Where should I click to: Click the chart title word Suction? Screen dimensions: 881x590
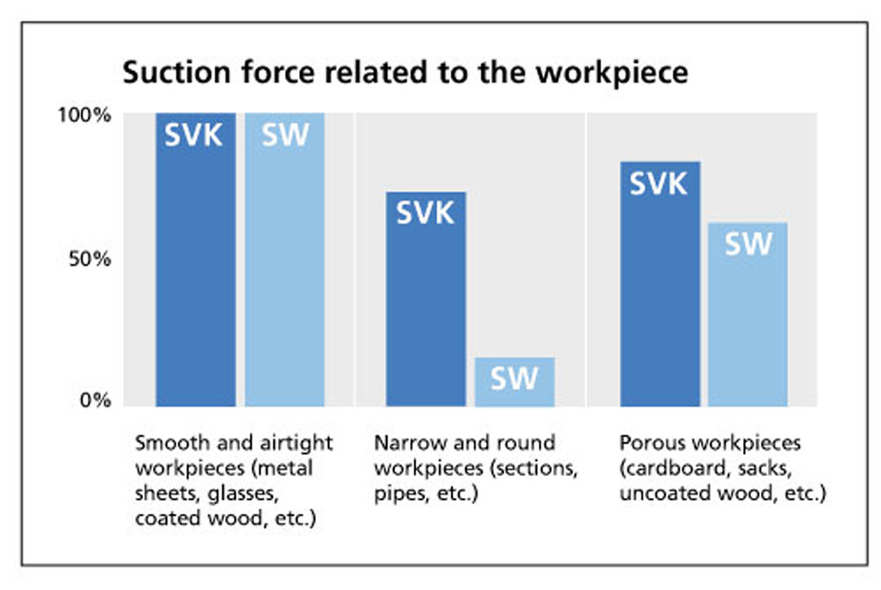point(176,73)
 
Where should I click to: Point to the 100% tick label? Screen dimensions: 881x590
point(84,115)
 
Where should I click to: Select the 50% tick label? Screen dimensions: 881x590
point(90,259)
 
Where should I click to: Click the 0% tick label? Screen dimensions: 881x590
point(96,401)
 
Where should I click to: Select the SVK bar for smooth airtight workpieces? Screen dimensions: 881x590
point(196,259)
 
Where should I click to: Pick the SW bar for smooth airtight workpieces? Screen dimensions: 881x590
point(284,259)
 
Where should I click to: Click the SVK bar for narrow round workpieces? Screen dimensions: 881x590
point(426,299)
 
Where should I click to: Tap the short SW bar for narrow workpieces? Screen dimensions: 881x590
point(515,381)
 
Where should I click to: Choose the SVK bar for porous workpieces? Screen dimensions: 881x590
point(660,284)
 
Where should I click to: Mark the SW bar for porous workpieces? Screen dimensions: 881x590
point(748,315)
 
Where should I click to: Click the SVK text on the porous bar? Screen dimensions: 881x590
point(658,183)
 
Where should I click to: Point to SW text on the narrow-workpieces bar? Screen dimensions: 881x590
point(514,378)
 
